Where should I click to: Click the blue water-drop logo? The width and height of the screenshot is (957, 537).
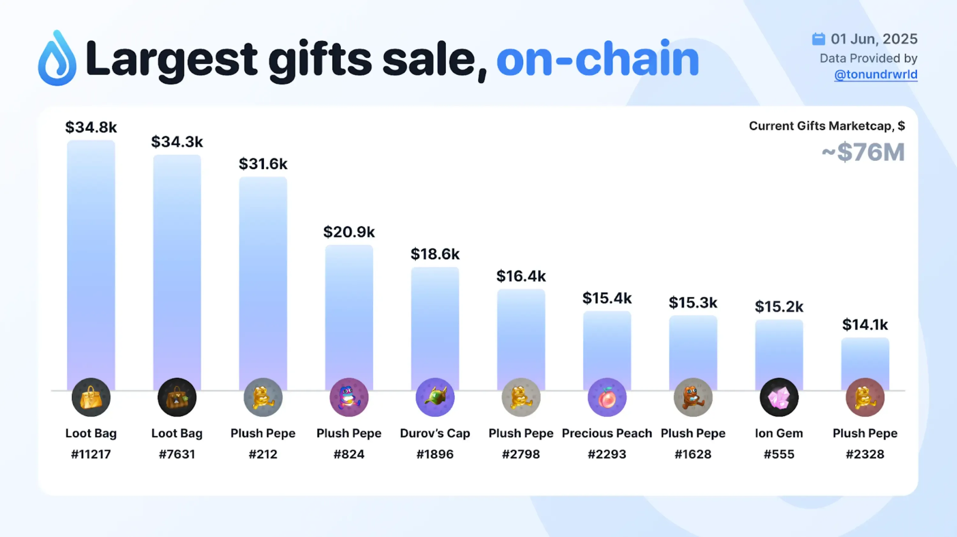pos(57,58)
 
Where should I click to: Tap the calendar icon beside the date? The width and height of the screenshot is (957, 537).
pos(819,39)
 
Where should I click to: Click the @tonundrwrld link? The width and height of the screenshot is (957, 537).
pos(876,74)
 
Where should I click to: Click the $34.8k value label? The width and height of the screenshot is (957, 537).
pos(91,127)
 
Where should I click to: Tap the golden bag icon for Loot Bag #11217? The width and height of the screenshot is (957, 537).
pos(91,397)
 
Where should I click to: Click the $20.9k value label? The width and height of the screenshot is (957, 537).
pos(349,232)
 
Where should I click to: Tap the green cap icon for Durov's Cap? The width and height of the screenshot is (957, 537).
pos(435,397)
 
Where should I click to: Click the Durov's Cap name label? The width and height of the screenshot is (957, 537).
pos(435,433)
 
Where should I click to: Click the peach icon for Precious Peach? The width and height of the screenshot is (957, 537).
pos(607,397)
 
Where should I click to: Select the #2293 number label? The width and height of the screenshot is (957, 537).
pos(607,454)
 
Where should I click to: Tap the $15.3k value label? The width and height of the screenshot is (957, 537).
pos(693,303)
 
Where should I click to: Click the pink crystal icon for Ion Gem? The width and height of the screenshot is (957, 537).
pos(779,397)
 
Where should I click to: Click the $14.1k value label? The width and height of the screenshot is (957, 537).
pos(865,325)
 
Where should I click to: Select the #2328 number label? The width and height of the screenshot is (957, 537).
pos(865,454)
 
